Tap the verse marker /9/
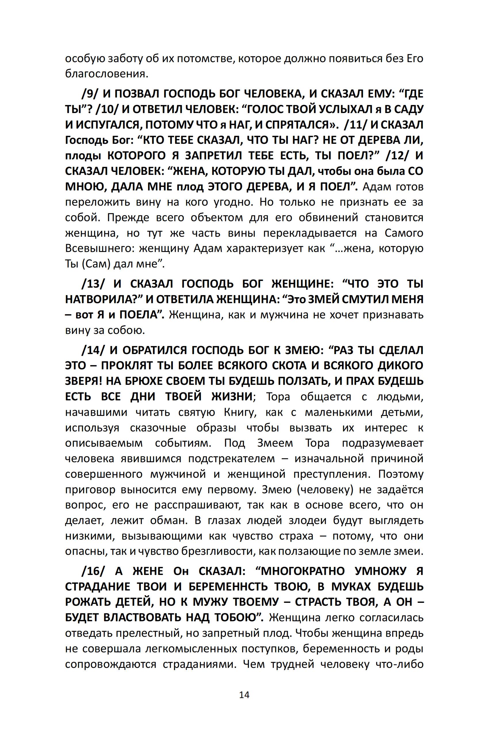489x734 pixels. pyautogui.click(x=90, y=94)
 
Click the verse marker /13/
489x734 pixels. pyautogui.click(x=93, y=284)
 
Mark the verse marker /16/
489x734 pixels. pyautogui.click(x=93, y=571)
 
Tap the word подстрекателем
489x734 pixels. pyautogui.click(x=232, y=459)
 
